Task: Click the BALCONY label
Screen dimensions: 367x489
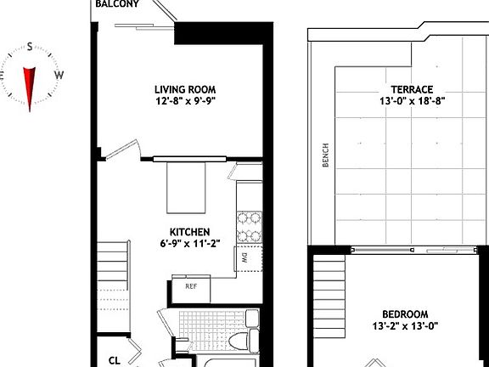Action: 117,4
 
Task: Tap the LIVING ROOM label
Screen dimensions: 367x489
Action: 184,88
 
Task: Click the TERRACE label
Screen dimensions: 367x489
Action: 412,89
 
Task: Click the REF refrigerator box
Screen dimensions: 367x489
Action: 191,286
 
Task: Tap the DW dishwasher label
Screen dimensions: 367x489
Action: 244,257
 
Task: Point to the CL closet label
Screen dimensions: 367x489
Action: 115,360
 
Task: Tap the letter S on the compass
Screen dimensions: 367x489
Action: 30,48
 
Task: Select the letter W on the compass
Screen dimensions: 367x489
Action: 59,75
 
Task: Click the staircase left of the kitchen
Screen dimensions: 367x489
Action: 112,271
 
